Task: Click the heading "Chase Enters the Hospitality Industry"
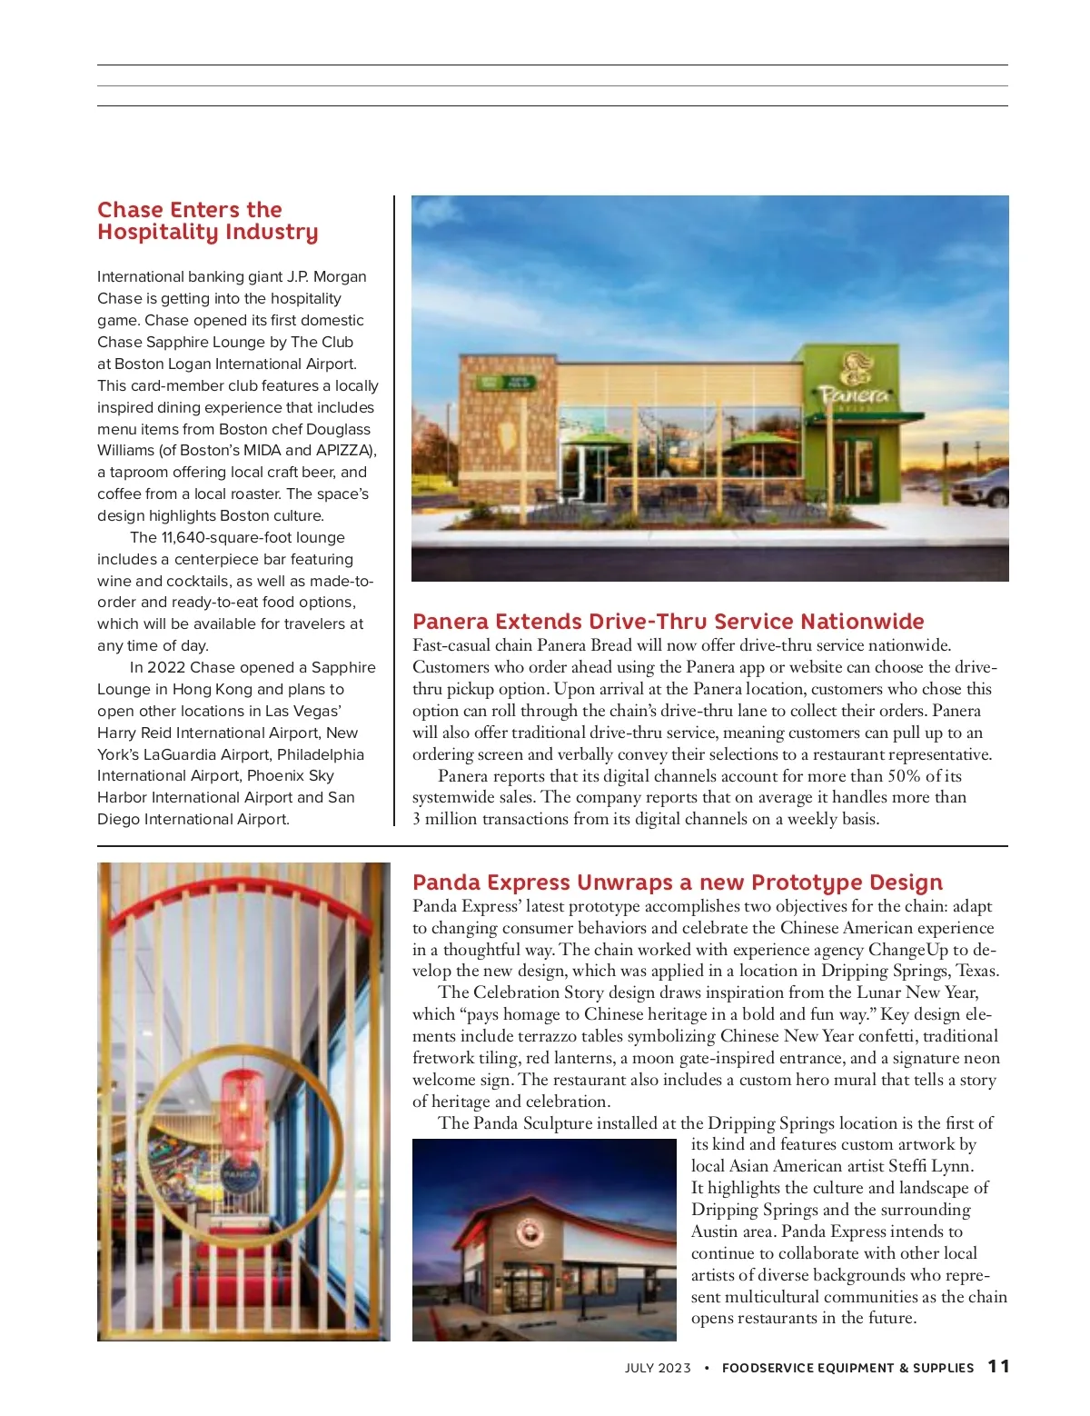coord(207,221)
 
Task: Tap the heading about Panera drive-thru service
coord(668,622)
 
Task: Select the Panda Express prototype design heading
coord(677,883)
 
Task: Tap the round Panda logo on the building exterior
coord(529,1232)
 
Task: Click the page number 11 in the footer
coord(998,1367)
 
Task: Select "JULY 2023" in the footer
coord(658,1368)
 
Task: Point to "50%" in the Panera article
coord(903,776)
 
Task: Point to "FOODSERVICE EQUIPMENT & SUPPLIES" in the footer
coord(847,1368)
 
